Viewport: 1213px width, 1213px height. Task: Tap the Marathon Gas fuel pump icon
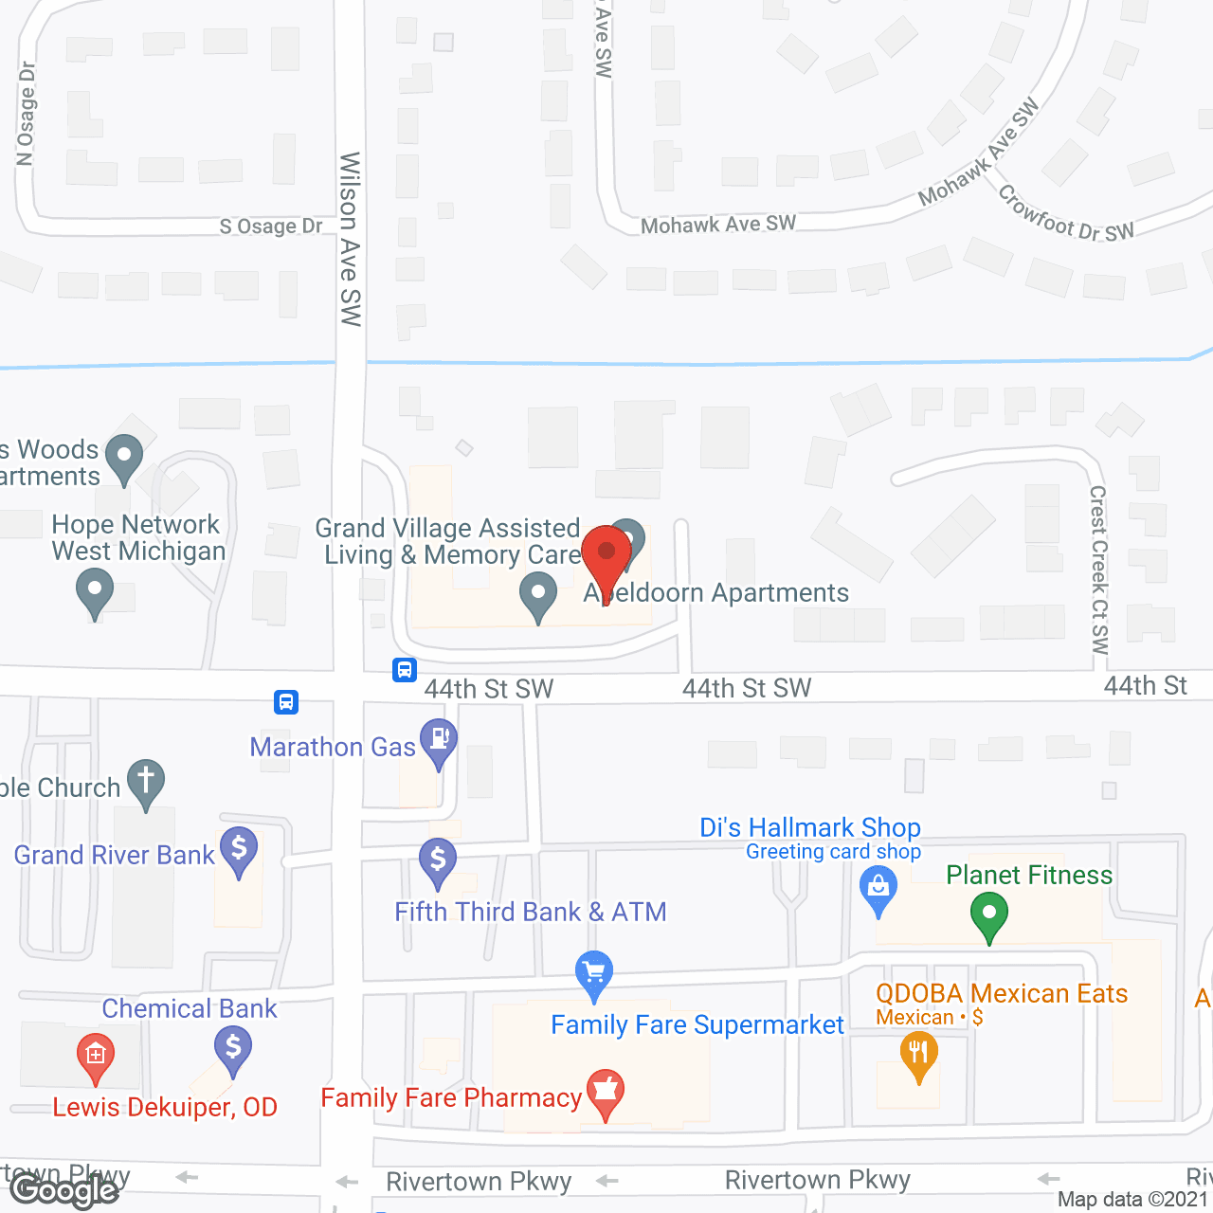tap(439, 739)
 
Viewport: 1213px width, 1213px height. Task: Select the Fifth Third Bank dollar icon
tap(438, 860)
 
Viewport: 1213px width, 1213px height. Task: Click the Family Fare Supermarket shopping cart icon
tap(594, 972)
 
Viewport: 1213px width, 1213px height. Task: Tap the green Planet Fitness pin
tap(989, 914)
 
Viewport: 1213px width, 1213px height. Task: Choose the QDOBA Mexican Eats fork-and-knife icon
tap(917, 1053)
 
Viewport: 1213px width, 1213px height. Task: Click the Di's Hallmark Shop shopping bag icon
tap(878, 888)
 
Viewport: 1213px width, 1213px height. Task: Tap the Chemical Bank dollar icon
tap(232, 1048)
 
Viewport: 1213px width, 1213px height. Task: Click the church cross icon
tap(146, 781)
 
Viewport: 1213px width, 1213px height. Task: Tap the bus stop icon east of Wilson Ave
tap(405, 671)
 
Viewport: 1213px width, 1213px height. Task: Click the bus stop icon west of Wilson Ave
tap(286, 702)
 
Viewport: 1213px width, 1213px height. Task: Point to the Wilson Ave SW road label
tap(350, 239)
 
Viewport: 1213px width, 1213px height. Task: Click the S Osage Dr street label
tap(271, 226)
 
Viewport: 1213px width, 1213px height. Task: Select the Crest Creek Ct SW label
tap(1099, 570)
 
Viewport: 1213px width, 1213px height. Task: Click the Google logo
tap(63, 1190)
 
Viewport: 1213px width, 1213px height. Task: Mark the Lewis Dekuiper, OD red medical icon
tap(95, 1055)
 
